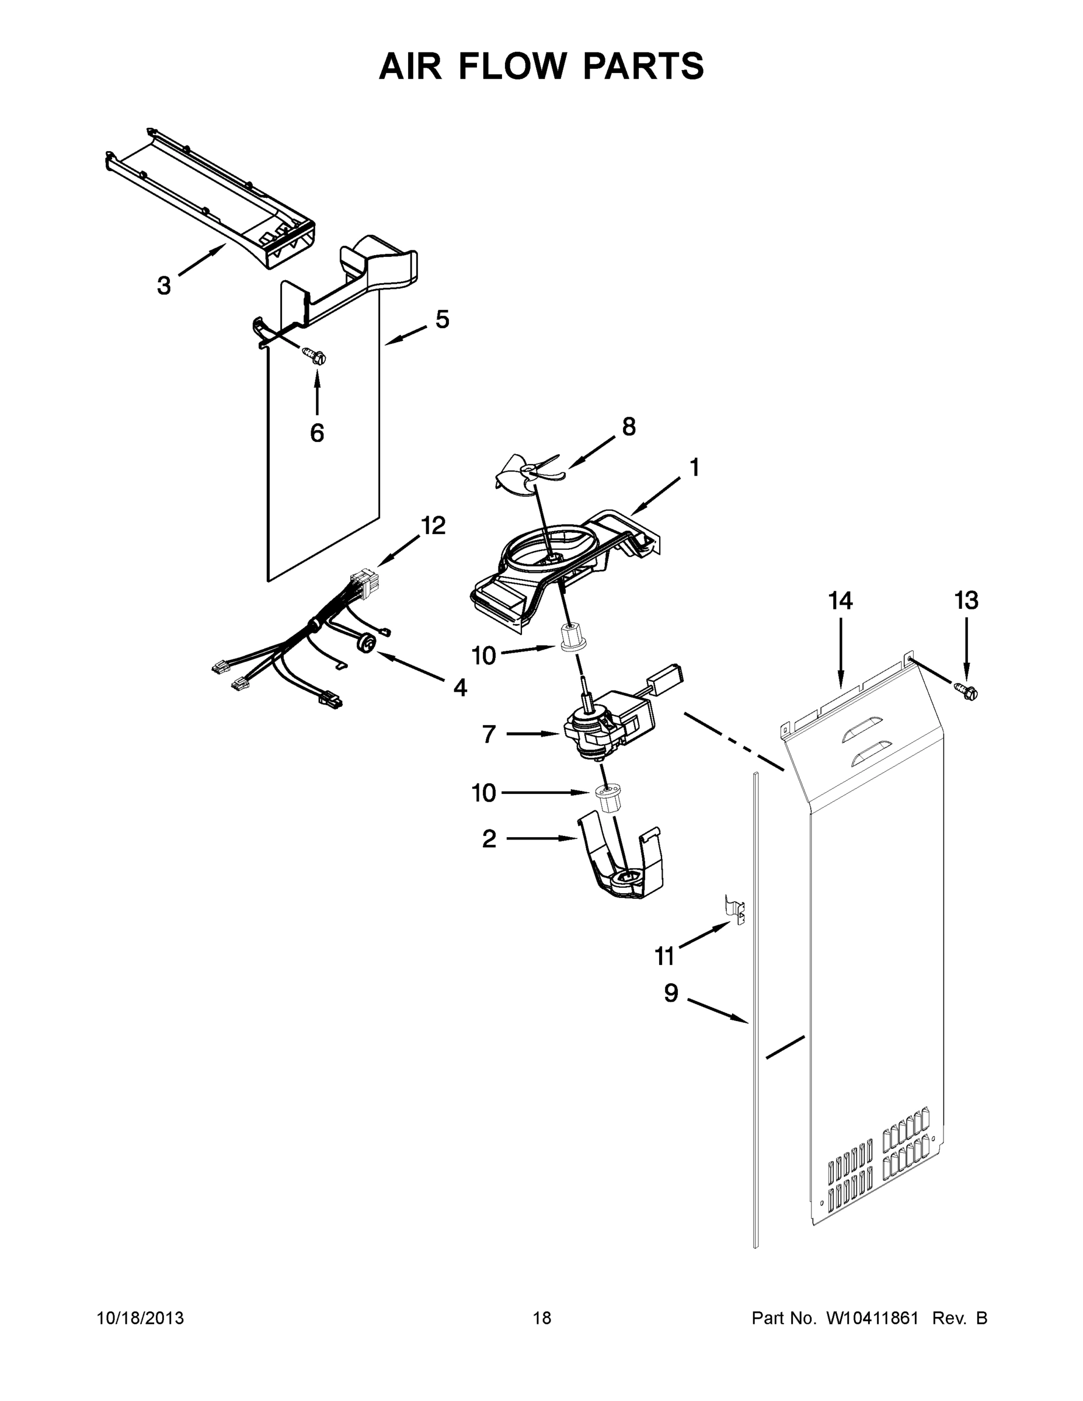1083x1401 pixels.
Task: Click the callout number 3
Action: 164,285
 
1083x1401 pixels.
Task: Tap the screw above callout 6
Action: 314,355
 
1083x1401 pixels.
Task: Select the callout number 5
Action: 442,319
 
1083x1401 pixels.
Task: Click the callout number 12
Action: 433,525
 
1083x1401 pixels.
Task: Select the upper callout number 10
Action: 484,656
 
